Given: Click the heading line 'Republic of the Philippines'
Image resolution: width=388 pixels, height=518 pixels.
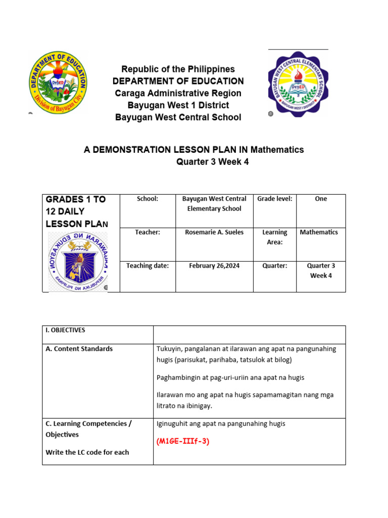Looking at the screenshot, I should [178, 69].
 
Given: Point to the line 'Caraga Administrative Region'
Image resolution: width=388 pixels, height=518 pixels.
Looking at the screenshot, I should [178, 93].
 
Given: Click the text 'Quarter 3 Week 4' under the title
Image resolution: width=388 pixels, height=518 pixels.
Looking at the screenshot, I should [212, 162].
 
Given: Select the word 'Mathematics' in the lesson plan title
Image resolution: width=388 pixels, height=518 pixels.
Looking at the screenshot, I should [277, 150].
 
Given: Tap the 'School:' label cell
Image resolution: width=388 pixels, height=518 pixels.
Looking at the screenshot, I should [148, 199].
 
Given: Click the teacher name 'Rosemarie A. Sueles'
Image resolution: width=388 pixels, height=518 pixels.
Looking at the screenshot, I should [214, 232].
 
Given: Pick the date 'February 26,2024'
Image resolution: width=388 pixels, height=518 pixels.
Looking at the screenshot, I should [214, 266].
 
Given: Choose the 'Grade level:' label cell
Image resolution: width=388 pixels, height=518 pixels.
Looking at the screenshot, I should [274, 199].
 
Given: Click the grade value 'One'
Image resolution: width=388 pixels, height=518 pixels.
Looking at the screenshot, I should [321, 199].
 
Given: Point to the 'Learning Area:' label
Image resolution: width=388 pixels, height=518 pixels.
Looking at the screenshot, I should [274, 237].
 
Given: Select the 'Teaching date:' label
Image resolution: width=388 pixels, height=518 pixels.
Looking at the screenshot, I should [148, 266].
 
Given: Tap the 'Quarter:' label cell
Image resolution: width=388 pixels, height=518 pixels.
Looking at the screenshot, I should [274, 266].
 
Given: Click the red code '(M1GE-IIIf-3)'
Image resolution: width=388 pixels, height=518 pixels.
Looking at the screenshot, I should [183, 441].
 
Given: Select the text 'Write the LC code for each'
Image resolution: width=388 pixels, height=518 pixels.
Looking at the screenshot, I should [87, 452].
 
